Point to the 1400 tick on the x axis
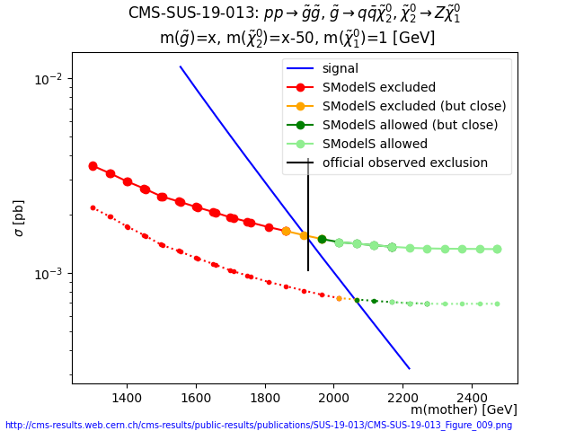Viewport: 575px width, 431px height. click(127, 396)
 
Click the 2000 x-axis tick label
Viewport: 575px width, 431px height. click(334, 396)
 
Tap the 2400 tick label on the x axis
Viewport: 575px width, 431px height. click(473, 396)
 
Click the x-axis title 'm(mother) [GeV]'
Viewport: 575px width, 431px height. click(464, 409)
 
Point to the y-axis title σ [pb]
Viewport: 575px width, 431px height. click(19, 218)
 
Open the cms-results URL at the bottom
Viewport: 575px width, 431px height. click(259, 425)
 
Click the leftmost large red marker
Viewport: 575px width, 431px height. click(93, 166)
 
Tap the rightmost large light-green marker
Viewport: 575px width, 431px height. click(497, 249)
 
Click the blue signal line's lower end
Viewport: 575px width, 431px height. click(409, 368)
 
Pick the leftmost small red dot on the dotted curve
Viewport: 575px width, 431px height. click(93, 207)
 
